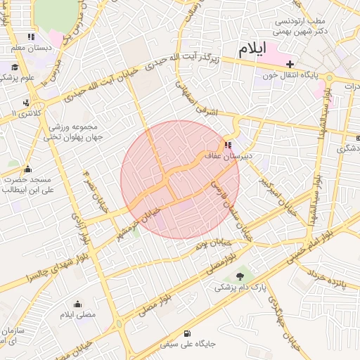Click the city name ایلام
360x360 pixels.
(x=252, y=50)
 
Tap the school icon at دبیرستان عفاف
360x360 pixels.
(x=226, y=146)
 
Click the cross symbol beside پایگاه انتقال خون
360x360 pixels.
(x=290, y=64)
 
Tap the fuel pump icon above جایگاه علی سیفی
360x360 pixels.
(x=186, y=334)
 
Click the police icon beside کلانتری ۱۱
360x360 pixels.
(x=26, y=103)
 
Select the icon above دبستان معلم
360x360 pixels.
(x=31, y=37)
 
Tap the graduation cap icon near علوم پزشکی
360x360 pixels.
(x=15, y=67)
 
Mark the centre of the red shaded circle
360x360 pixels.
(x=180, y=179)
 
